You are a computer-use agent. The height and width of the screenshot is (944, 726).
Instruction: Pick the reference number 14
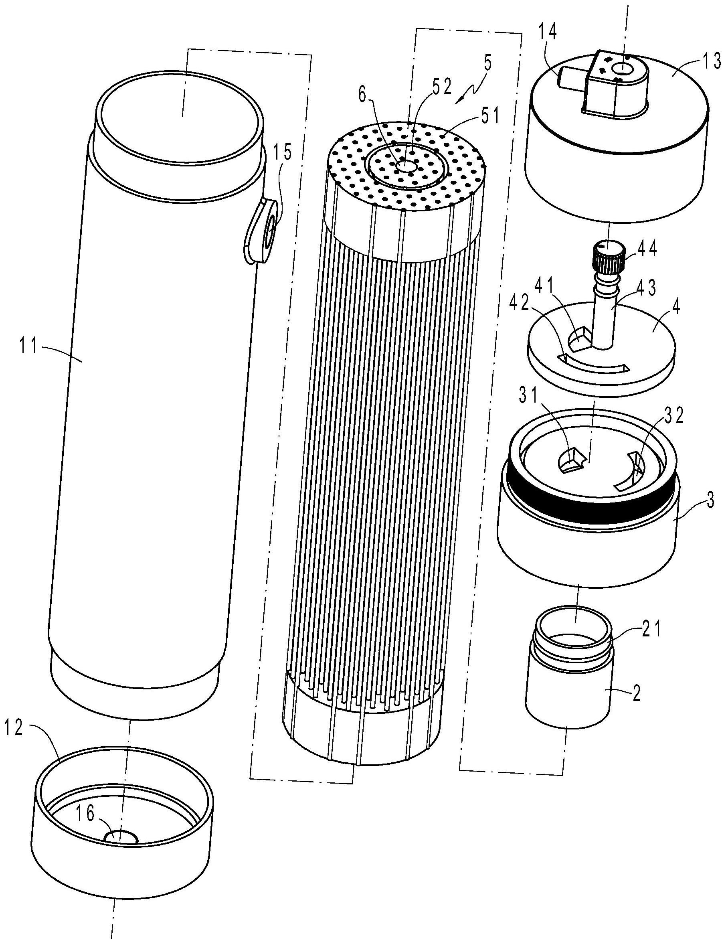click(x=547, y=33)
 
